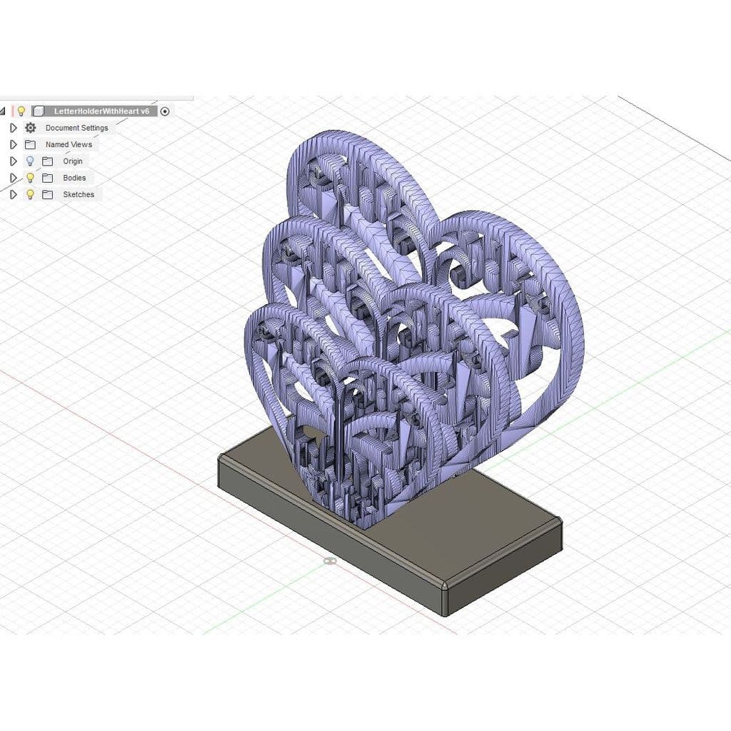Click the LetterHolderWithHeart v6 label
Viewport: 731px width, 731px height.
[x=101, y=111]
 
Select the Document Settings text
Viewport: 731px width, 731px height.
[x=77, y=128]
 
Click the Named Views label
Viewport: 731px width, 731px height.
[x=69, y=144]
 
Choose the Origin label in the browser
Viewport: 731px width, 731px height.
[x=73, y=161]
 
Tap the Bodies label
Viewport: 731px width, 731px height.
[x=74, y=178]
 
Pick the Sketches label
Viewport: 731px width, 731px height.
[x=79, y=194]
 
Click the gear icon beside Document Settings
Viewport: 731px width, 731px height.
[x=30, y=128]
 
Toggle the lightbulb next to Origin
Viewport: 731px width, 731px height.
[x=30, y=161]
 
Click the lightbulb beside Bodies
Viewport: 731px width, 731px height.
[x=30, y=178]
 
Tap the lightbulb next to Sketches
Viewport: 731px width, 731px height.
[x=30, y=194]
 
